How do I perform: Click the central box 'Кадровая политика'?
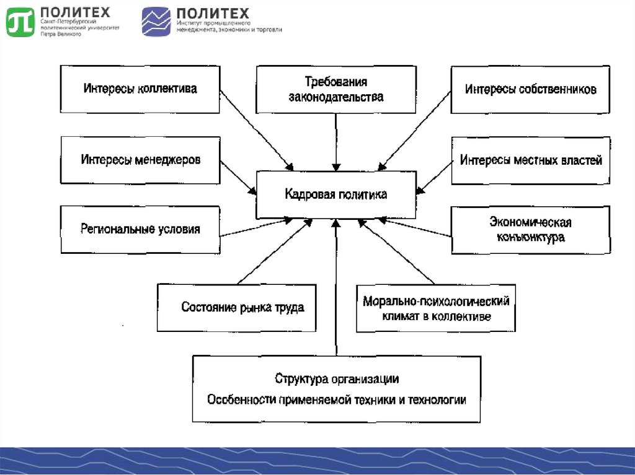335,195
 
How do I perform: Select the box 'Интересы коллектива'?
140,89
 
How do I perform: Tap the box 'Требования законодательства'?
335,90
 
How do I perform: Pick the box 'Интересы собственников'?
531,89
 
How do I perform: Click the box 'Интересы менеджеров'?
140,160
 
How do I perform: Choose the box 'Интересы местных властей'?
531,160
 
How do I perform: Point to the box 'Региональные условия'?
140,229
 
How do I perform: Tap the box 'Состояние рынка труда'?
236,307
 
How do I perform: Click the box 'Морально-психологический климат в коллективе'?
436,308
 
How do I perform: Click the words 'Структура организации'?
337,378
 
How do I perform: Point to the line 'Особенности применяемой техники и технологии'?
337,399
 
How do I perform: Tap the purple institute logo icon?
156,21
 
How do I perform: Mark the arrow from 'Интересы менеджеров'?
239,178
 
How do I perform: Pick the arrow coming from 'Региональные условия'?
254,227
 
